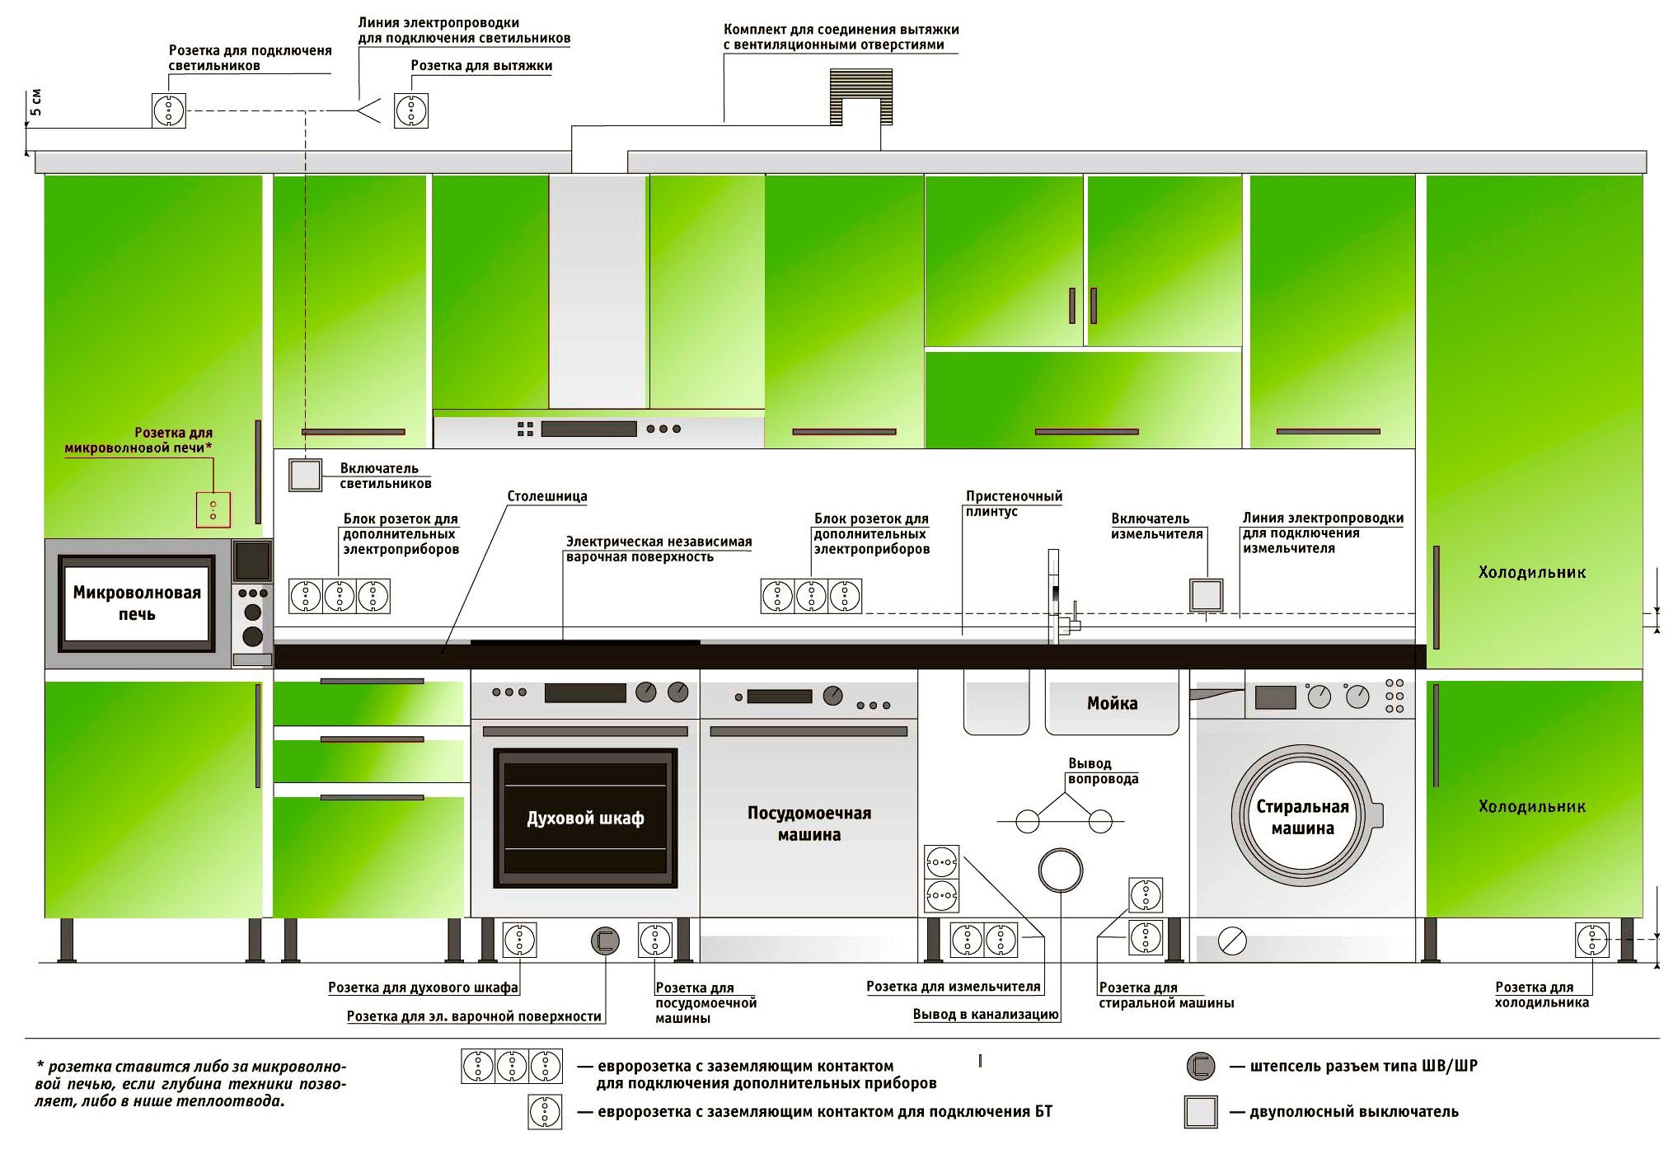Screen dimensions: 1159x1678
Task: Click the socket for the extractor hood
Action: (411, 110)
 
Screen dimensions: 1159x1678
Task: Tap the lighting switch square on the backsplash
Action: (305, 476)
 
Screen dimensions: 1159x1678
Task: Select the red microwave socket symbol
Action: (213, 510)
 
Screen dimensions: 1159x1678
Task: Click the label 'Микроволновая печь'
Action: (137, 603)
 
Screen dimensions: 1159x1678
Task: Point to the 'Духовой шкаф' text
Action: (585, 819)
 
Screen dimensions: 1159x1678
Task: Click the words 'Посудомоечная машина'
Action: (809, 823)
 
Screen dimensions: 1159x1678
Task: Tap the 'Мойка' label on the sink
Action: (1112, 703)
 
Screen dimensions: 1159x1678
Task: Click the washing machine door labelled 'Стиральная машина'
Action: (1302, 817)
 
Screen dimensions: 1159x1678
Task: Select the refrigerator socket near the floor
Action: (1591, 940)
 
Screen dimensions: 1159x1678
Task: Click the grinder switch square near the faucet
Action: (1206, 595)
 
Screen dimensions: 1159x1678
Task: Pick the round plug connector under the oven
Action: (605, 941)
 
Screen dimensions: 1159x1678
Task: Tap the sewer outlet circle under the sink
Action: (1061, 870)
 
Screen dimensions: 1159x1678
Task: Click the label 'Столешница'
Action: (547, 496)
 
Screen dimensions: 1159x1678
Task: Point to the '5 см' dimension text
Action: (36, 101)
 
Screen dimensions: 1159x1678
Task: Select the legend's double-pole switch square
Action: (1201, 1112)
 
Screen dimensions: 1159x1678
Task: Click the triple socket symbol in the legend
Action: (512, 1066)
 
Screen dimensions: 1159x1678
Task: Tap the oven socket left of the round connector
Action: (519, 940)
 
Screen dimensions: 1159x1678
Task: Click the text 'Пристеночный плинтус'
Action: (1014, 504)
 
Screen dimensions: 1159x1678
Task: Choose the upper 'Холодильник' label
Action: (1531, 572)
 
